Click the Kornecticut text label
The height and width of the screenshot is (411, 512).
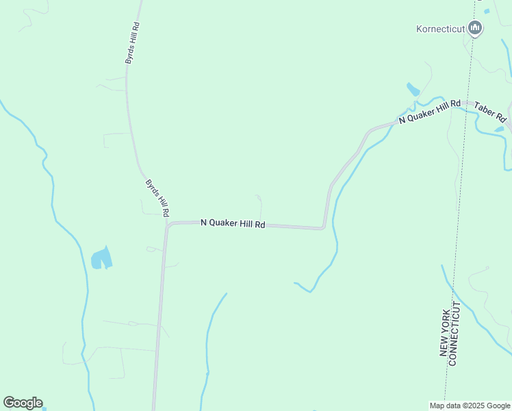440,29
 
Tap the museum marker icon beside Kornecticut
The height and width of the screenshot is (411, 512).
476,28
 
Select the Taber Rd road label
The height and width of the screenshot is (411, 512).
491,112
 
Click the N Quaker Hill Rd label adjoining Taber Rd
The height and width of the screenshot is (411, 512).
429,111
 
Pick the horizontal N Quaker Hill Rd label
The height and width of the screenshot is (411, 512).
233,223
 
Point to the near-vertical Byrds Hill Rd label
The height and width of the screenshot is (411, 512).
132,42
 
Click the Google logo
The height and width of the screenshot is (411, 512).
23,403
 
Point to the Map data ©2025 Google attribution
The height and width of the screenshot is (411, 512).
470,406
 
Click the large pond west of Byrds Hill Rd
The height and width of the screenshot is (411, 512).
101,258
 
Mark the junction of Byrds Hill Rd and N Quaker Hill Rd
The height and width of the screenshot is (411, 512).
166,224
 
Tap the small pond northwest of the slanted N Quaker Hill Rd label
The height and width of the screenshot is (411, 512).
413,89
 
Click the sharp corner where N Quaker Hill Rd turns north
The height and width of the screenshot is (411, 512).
323,227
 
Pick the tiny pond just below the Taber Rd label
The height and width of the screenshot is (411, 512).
499,129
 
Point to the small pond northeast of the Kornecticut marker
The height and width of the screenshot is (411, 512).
487,11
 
